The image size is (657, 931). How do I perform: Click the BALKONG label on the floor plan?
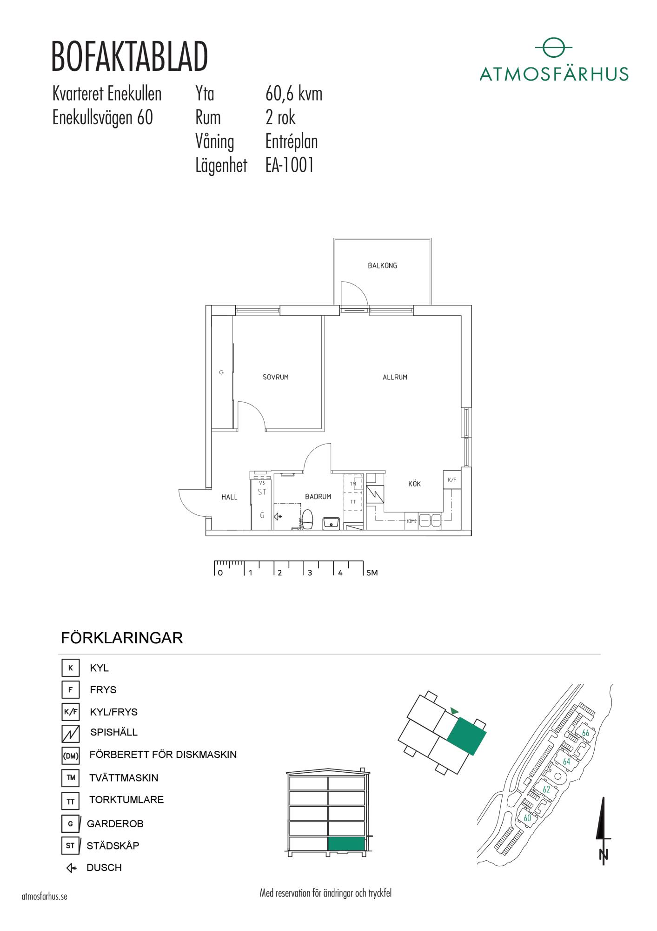(x=382, y=266)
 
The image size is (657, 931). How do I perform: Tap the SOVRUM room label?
(x=276, y=377)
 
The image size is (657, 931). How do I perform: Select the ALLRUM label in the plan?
(x=395, y=377)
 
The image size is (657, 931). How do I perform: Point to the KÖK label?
(x=414, y=484)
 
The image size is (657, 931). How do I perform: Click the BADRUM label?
(x=318, y=497)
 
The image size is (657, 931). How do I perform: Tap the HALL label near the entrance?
(x=229, y=497)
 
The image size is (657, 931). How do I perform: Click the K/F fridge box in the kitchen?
(x=452, y=480)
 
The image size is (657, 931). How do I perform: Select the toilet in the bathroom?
(x=307, y=520)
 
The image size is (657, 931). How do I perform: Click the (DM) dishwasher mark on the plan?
(x=411, y=521)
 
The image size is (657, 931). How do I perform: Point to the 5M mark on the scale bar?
(x=372, y=573)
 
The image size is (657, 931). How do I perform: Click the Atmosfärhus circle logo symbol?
(x=553, y=48)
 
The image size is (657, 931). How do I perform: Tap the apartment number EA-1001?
(x=290, y=165)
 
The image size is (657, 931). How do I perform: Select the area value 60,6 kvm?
(x=294, y=94)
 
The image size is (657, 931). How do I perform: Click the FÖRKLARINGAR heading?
(x=122, y=638)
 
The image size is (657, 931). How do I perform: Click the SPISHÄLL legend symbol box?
(x=71, y=734)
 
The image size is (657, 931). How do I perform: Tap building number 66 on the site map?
(x=585, y=733)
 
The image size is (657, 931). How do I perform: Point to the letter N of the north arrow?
(x=604, y=855)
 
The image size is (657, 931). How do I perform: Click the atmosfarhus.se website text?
(x=45, y=897)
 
